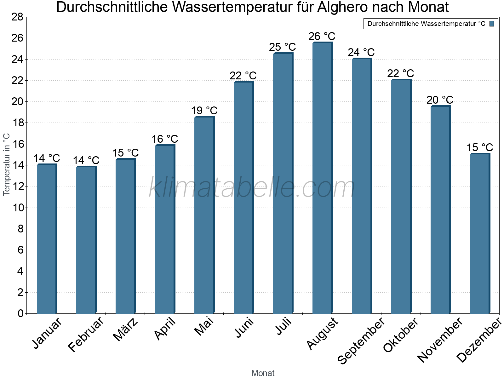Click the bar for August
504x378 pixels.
(x=322, y=178)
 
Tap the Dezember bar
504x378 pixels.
(x=480, y=233)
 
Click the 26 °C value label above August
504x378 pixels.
(x=322, y=36)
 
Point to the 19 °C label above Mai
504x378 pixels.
(x=204, y=111)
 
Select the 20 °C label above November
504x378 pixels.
(x=440, y=100)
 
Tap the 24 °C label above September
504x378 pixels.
(x=361, y=52)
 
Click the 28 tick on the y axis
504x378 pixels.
(x=17, y=17)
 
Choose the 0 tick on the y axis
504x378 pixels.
(x=20, y=313)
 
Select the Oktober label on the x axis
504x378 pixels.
(x=401, y=335)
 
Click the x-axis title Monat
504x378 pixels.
(x=263, y=373)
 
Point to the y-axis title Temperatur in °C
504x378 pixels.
(x=7, y=164)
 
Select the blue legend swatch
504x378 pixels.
(x=492, y=24)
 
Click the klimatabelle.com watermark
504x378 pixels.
(x=252, y=188)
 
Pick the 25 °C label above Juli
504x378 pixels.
(x=282, y=47)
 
